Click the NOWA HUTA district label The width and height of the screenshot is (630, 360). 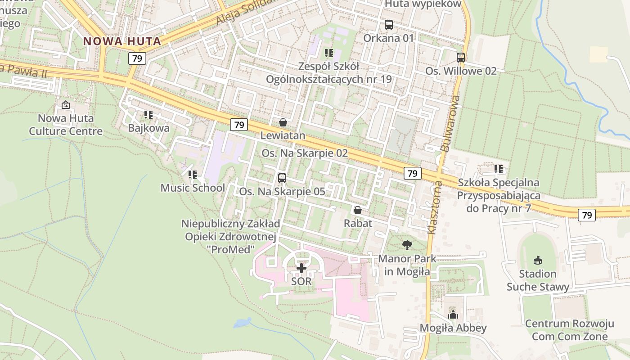click(122, 41)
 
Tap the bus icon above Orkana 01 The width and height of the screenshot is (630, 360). click(388, 25)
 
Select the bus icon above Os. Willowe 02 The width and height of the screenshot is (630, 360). click(461, 58)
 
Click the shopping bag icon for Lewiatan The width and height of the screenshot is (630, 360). click(283, 122)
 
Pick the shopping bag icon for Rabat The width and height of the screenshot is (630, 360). click(358, 210)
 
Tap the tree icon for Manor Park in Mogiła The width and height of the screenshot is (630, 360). click(407, 245)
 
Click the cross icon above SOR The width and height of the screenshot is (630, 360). click(301, 269)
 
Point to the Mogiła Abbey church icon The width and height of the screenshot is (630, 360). click(453, 315)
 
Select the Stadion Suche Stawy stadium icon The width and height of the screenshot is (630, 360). click(537, 260)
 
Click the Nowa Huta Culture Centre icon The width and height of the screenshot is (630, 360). click(66, 105)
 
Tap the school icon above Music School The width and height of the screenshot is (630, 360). click(193, 174)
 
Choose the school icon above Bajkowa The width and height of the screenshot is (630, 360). click(148, 115)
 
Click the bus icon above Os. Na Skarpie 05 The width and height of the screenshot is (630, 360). click(282, 178)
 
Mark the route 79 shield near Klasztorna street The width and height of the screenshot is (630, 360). click(412, 173)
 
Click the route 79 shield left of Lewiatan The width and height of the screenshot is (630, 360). click(239, 125)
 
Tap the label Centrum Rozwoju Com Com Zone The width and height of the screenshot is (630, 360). click(570, 330)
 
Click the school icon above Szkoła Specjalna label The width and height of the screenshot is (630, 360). click(499, 169)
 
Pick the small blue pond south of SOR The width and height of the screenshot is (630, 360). click(243, 323)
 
